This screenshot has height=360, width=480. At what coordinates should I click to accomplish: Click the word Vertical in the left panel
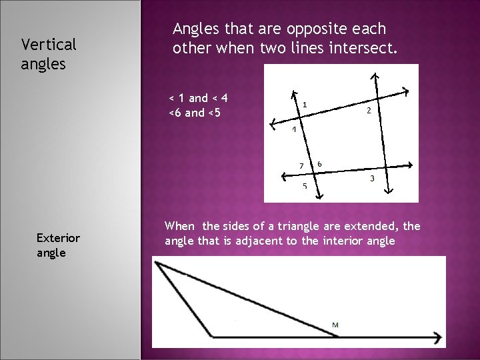[x=49, y=45]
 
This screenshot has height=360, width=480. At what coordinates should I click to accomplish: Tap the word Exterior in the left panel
[x=59, y=237]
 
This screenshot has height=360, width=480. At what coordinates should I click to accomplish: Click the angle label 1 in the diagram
[x=305, y=104]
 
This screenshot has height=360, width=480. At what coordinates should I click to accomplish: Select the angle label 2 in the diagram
[x=369, y=111]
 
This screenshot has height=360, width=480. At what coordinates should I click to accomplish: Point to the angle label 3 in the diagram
[x=371, y=179]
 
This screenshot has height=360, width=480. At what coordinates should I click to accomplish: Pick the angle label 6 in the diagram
[x=320, y=163]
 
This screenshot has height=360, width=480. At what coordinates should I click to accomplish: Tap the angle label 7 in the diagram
[x=301, y=165]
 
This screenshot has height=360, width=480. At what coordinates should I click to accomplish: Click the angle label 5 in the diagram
[x=305, y=186]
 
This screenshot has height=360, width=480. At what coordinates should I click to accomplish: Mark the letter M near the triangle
[x=335, y=325]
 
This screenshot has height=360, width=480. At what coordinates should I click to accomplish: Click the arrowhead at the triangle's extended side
[x=438, y=337]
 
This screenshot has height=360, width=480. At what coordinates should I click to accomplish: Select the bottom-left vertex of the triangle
[x=213, y=336]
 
